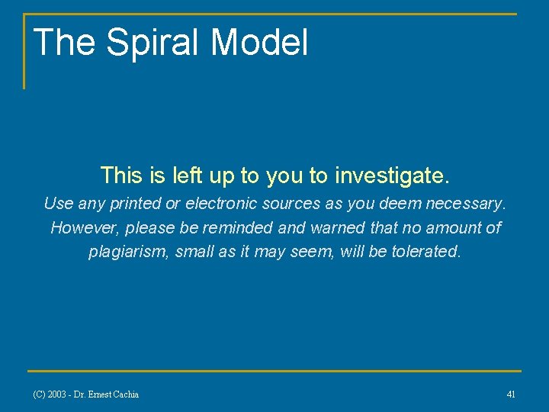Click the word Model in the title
(259, 42)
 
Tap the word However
(81, 228)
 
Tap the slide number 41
(511, 394)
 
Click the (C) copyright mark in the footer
(38, 394)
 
